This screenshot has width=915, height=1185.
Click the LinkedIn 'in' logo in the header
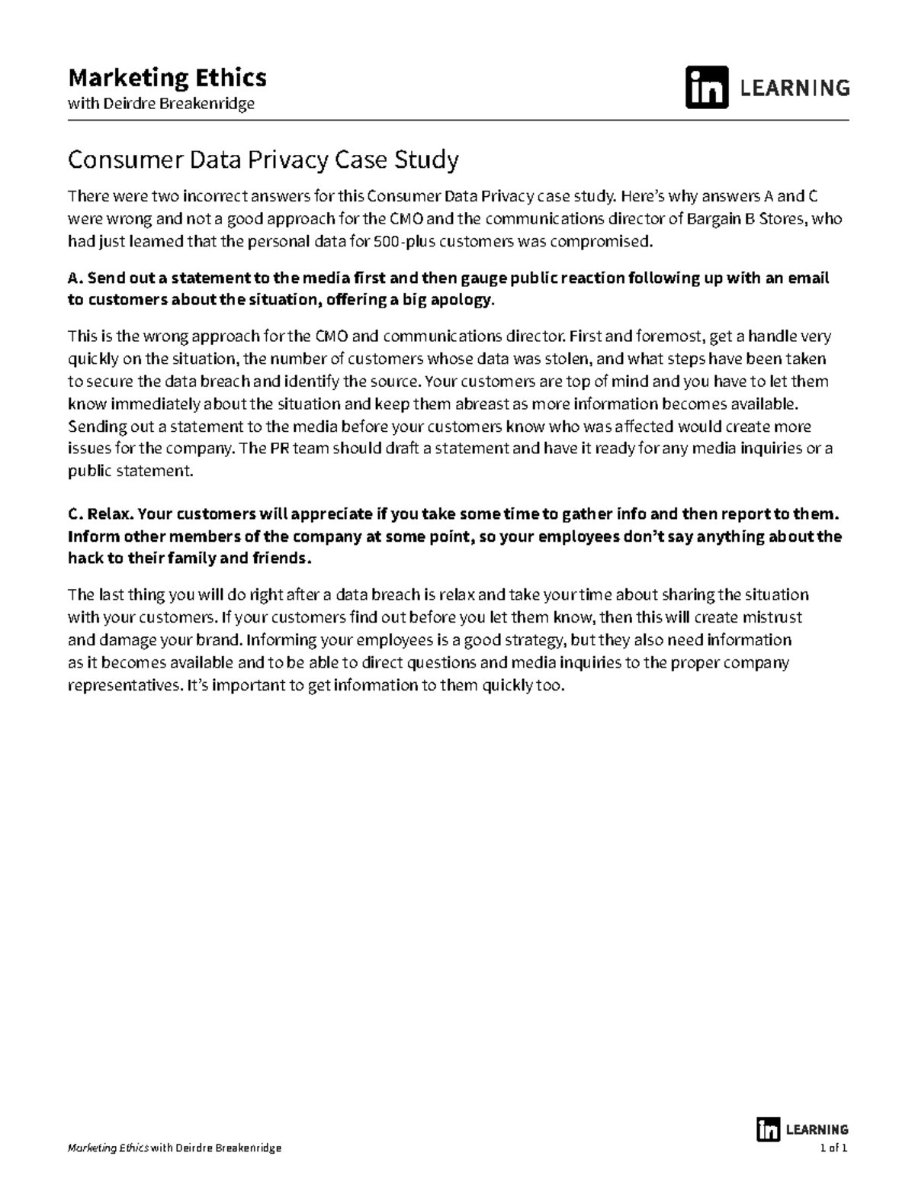pos(706,88)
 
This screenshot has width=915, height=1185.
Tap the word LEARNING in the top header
pos(795,89)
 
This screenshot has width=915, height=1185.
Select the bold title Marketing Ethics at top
pos(167,78)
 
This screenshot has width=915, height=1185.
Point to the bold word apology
pos(461,300)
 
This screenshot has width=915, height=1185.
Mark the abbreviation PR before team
pos(279,449)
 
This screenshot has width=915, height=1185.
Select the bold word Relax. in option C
pos(110,514)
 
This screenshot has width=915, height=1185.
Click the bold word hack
pos(85,559)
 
